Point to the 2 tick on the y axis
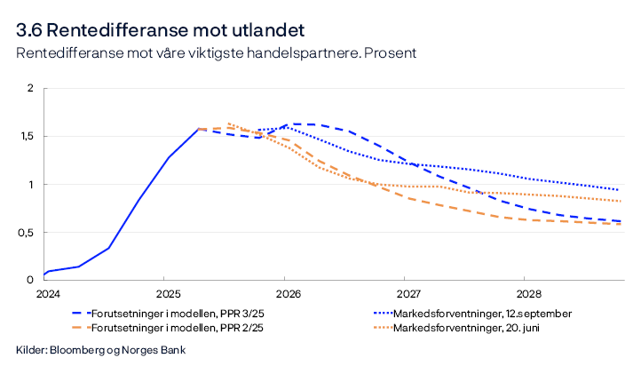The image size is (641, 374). click(x=30, y=89)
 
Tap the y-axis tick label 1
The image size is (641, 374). click(x=31, y=185)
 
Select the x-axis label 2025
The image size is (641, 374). click(x=167, y=292)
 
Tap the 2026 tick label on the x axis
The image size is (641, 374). click(x=288, y=292)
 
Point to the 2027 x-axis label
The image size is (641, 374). click(x=408, y=292)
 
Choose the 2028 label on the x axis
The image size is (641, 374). click(x=529, y=292)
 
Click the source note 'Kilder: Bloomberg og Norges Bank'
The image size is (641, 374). click(x=100, y=351)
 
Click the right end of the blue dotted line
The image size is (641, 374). click(x=619, y=189)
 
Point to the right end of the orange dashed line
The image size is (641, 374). click(x=619, y=224)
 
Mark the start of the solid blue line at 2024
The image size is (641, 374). click(x=44, y=275)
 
